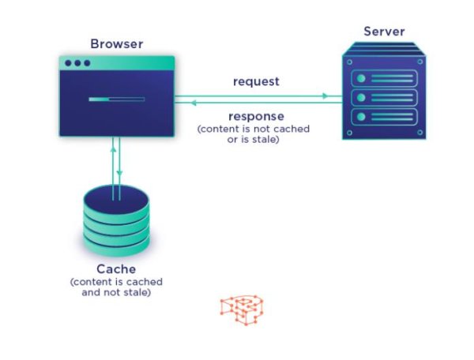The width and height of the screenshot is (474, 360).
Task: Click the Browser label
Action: point(117,44)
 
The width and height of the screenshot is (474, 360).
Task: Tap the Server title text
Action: point(384,32)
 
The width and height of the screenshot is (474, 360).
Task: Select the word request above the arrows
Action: point(256,81)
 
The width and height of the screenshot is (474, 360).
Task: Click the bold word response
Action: point(256,116)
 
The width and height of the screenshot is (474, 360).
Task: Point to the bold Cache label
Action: point(116,269)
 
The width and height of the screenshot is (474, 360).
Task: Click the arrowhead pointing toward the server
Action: point(325,96)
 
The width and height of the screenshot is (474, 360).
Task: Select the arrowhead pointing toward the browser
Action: point(194,103)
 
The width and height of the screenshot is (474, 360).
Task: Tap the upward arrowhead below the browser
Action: point(113,148)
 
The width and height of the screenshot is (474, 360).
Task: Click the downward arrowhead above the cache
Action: point(120,173)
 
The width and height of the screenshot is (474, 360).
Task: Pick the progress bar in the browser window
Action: point(117,99)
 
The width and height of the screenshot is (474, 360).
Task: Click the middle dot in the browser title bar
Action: point(77,63)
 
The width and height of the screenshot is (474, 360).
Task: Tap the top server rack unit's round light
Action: point(361,78)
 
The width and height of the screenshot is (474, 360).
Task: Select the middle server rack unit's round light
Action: point(361,98)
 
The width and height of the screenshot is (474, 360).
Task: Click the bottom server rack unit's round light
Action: point(361,117)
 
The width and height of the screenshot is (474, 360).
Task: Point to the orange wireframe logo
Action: point(242,310)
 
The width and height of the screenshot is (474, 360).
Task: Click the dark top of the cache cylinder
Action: point(116,200)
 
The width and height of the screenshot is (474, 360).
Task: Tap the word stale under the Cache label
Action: point(137,292)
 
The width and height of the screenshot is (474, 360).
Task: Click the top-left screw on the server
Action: point(350,62)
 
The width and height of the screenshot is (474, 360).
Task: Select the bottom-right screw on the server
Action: point(419,133)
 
